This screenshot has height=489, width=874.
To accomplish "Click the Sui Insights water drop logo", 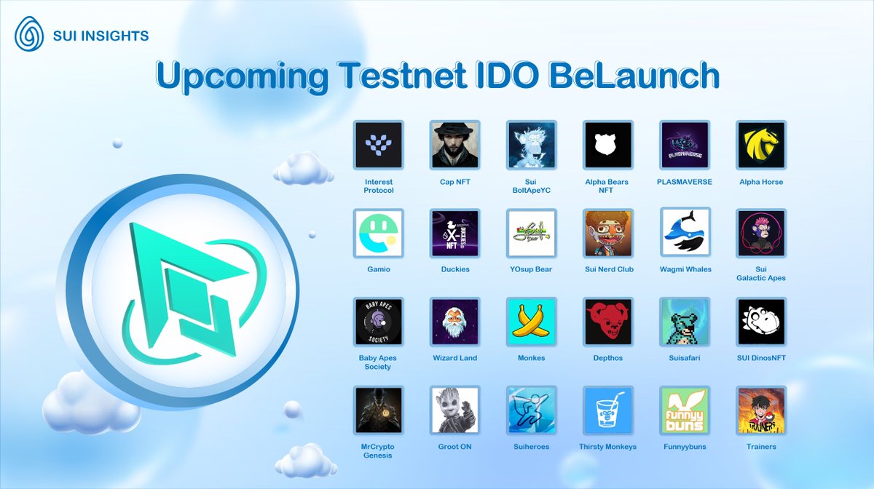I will (30, 34).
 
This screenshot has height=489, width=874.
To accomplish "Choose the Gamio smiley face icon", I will (378, 234).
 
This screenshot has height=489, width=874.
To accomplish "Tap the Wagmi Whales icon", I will (685, 233).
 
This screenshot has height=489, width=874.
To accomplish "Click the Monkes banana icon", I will (532, 322).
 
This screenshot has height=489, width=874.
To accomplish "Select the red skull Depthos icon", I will (608, 322).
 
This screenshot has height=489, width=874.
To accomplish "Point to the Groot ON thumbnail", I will (454, 410).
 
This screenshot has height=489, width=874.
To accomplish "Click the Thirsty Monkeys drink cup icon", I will (608, 410).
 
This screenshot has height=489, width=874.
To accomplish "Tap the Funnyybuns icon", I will (685, 410).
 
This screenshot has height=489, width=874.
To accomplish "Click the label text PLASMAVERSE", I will (685, 182).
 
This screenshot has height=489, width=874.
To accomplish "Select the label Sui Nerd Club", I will (608, 269).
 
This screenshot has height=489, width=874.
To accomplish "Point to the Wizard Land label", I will (454, 358).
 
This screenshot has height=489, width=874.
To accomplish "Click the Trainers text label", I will (761, 447).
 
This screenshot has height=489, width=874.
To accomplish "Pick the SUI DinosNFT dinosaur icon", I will (761, 322).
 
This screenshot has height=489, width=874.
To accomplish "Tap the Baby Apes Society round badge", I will (378, 322).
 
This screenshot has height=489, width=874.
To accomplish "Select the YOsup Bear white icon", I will (532, 234).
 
